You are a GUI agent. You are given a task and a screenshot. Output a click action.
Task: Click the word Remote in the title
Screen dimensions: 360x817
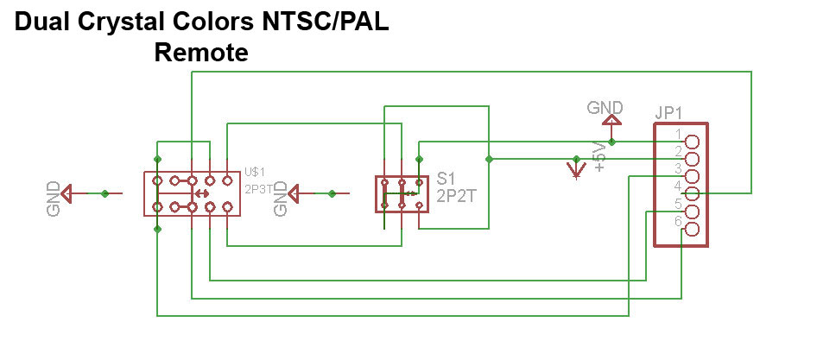200,53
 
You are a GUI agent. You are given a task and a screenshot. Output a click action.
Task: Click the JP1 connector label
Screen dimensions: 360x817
669,113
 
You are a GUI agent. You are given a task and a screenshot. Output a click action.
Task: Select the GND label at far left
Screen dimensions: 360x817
54,199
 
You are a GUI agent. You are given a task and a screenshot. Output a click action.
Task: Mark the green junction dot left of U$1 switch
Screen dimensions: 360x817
105,194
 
